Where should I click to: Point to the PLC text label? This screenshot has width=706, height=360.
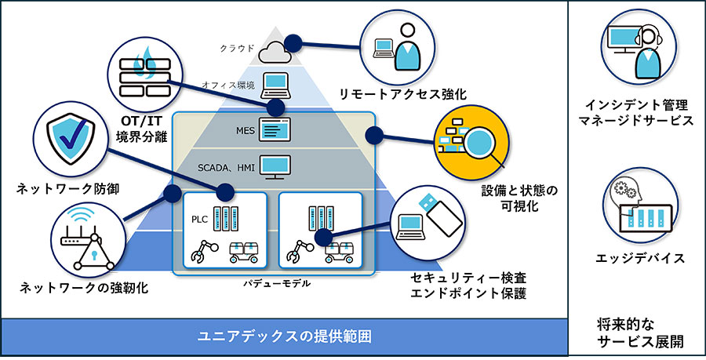[200, 220]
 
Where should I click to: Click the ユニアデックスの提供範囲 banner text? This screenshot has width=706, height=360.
[283, 337]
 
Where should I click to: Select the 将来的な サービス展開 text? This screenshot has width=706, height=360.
[638, 332]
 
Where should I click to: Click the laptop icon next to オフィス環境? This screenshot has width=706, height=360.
[276, 82]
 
